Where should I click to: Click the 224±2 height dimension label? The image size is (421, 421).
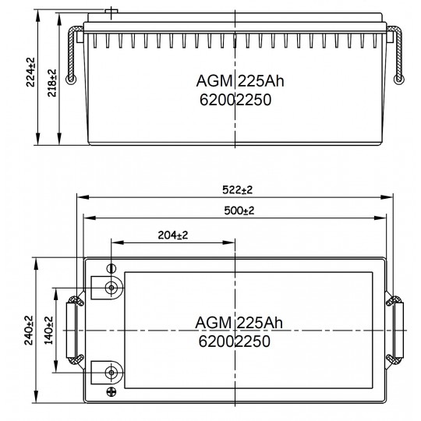click(30, 72)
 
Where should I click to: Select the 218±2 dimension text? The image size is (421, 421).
click(52, 83)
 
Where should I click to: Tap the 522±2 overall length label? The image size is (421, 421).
click(237, 189)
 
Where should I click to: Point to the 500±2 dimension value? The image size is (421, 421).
click(239, 210)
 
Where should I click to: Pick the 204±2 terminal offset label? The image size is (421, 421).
click(173, 235)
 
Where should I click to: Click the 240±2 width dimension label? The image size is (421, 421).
click(29, 331)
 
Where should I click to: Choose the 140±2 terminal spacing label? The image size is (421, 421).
click(48, 331)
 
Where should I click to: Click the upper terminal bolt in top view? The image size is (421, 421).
click(111, 288)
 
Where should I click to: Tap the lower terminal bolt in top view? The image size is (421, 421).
click(111, 373)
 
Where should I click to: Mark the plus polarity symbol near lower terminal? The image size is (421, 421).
click(111, 391)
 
